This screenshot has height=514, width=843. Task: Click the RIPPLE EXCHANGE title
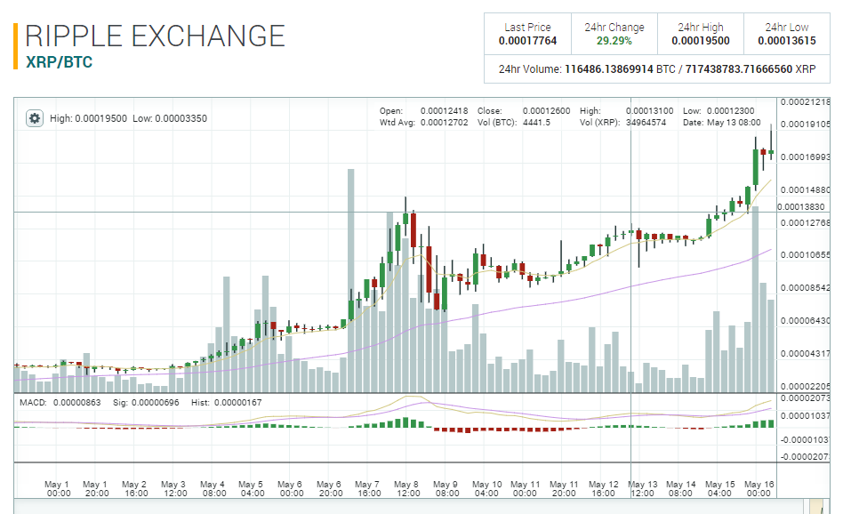156,36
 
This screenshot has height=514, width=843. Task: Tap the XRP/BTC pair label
60,63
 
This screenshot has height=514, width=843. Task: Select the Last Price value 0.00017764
527,41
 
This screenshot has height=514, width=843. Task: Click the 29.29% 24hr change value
614,41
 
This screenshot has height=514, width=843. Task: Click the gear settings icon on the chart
34,118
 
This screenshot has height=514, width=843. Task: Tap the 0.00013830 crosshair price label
800,206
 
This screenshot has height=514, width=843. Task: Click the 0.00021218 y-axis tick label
806,103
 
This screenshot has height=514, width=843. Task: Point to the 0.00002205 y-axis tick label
806,387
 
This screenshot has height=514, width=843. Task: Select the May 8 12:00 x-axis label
407,488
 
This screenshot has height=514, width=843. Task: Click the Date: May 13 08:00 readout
721,122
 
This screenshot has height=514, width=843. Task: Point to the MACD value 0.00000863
76,403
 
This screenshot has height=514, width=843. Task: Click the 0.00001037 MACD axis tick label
806,416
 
